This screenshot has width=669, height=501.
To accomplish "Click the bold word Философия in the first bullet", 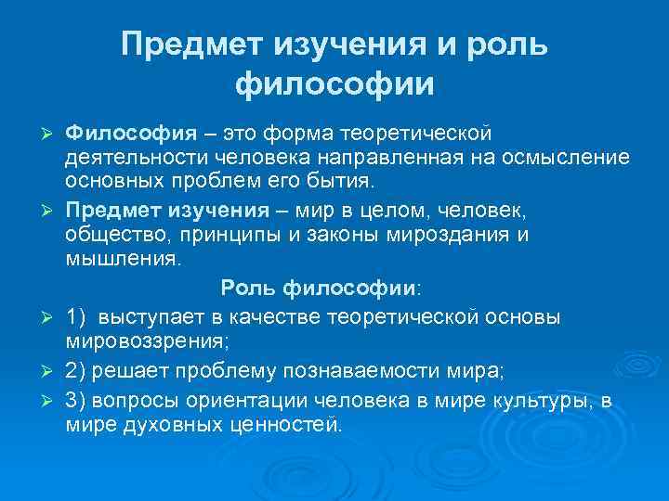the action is (131, 134).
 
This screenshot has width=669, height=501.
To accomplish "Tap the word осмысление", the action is (566, 157).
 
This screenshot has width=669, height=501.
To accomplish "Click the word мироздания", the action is (448, 235).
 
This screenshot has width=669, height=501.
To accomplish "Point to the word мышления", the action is (124, 259).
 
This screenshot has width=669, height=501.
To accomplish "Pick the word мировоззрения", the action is (147, 341).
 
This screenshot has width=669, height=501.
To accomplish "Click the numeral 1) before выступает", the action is (76, 317).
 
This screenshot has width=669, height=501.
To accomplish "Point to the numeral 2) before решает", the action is (76, 371).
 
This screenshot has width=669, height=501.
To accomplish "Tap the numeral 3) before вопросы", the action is (76, 401).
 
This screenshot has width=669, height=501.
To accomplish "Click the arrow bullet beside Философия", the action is (46, 135).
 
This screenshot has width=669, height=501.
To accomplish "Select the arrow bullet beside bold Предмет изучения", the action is (46, 211).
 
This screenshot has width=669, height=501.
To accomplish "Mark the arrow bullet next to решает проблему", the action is (46, 372).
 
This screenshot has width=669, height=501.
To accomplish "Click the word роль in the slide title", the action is (507, 44).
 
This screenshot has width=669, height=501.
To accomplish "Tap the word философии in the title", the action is (334, 83).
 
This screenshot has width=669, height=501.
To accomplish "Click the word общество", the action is (115, 235).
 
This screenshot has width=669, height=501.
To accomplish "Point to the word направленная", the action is (390, 158).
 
